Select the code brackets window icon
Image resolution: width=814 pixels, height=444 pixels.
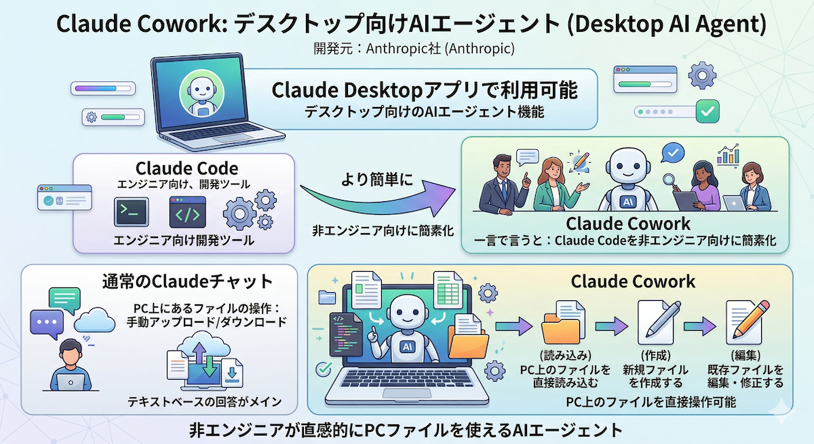coord(187,213)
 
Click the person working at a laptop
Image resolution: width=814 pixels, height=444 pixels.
coord(68,366)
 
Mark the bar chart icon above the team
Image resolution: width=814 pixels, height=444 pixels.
coord(729,155)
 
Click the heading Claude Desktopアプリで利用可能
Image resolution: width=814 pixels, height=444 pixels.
coord(425,90)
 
